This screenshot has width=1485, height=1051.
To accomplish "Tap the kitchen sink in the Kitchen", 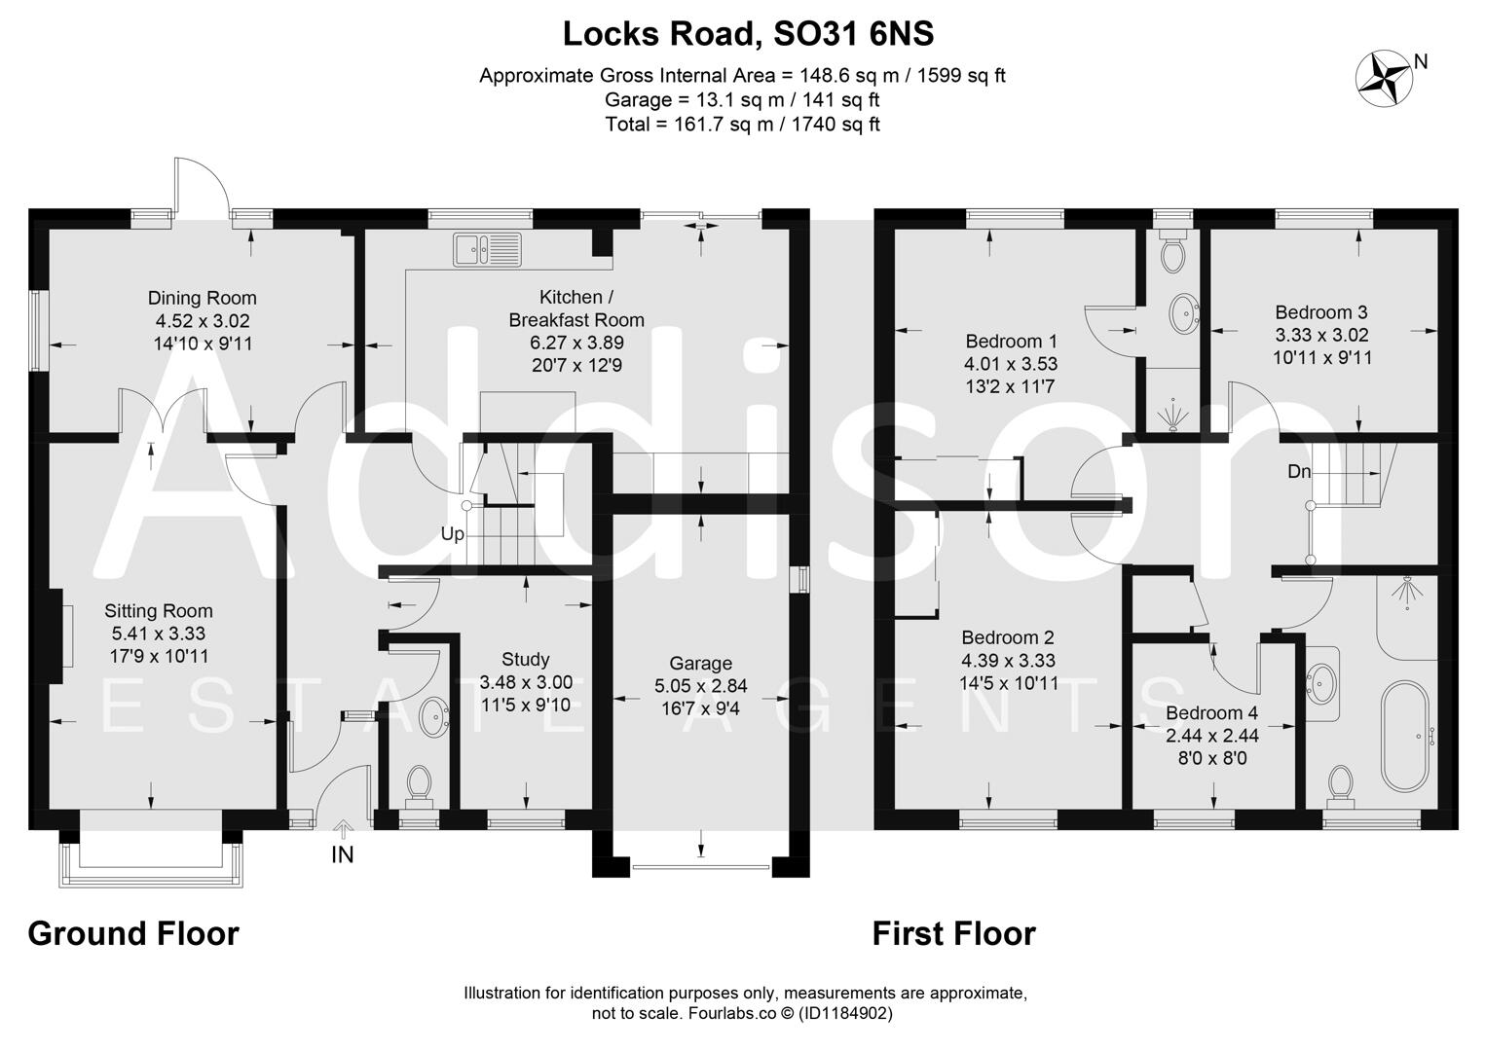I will (x=486, y=250).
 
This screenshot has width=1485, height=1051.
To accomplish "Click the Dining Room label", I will (x=202, y=298).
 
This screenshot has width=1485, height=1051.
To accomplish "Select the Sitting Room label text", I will (x=159, y=611).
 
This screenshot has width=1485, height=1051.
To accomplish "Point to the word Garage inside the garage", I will (x=700, y=664).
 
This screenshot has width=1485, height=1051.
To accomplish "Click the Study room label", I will (x=526, y=659).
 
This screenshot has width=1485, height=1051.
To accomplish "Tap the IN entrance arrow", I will (x=343, y=830).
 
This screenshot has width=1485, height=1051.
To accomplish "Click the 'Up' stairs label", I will (x=453, y=534).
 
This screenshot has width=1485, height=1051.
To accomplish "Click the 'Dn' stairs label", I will (x=1299, y=472).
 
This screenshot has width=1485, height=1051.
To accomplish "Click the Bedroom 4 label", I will (x=1212, y=712).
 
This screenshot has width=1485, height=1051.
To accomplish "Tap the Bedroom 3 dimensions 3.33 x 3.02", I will (x=1321, y=335).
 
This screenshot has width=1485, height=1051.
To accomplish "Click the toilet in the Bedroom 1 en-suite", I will (x=1171, y=254).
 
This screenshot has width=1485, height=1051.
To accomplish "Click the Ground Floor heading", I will (x=133, y=933).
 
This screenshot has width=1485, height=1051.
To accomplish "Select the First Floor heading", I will (x=953, y=933).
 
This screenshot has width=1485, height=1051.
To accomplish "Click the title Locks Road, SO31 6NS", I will (x=748, y=34).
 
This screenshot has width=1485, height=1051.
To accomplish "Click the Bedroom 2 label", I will (x=1008, y=637).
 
